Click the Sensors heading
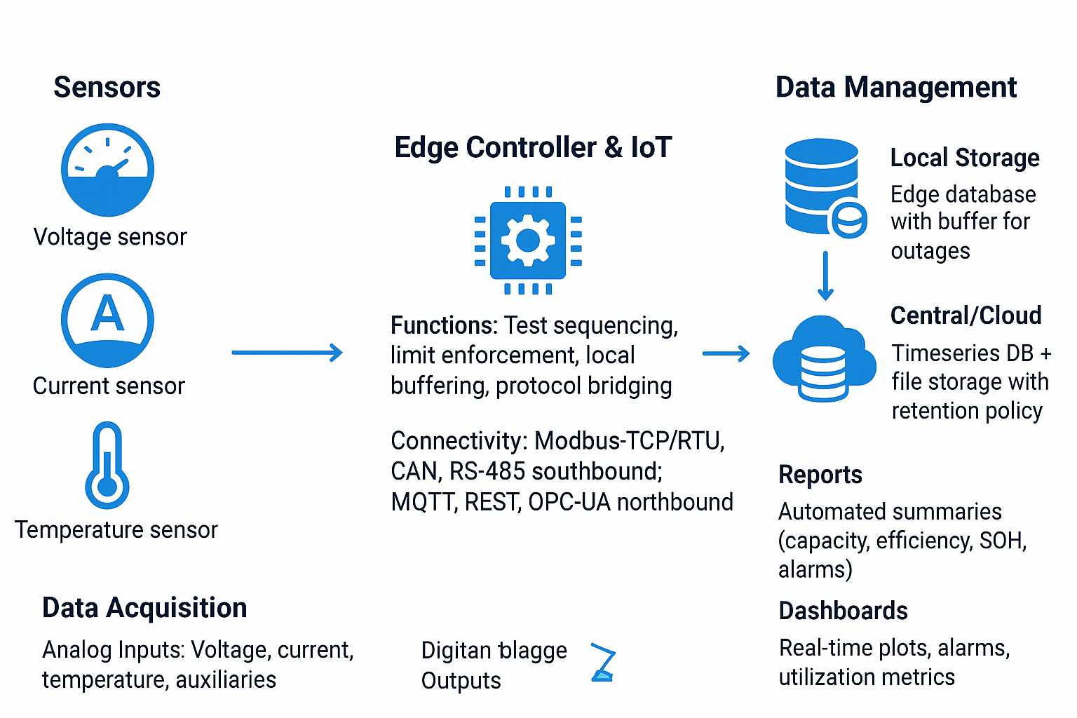[107, 88]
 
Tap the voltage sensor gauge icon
[107, 170]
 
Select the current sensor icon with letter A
[107, 320]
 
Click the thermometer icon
[107, 466]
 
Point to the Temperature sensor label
[116, 530]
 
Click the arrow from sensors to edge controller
[287, 353]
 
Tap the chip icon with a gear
[528, 241]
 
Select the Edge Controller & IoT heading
[533, 148]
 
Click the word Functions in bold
[443, 326]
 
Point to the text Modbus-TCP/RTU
[629, 441]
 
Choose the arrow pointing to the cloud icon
[726, 354]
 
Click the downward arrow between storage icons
[825, 276]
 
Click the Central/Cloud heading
[966, 316]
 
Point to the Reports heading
[820, 475]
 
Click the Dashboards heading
[843, 611]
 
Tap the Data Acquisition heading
[144, 608]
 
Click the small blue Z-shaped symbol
[603, 662]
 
